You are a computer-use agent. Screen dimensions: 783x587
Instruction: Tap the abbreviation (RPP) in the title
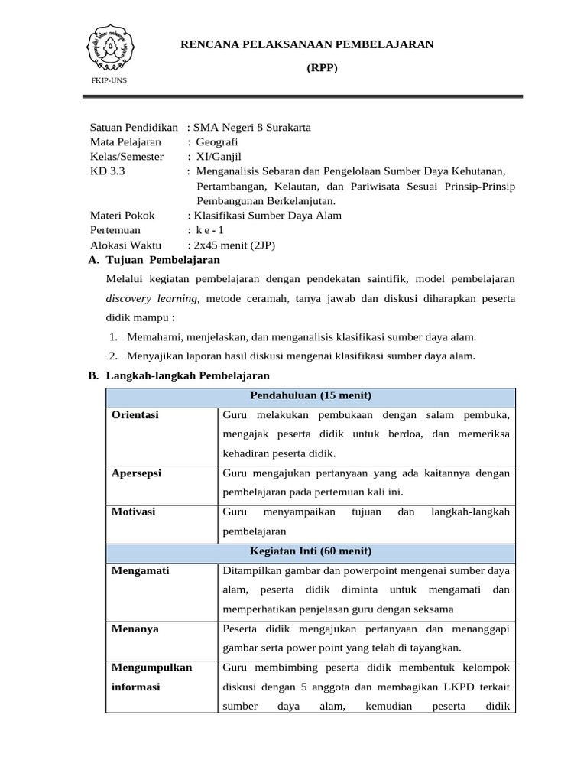[322, 67]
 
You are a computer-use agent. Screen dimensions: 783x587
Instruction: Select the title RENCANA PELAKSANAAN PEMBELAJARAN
[306, 45]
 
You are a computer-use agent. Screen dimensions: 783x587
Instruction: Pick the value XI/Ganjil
[222, 156]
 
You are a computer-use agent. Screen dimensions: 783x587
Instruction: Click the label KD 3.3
[107, 171]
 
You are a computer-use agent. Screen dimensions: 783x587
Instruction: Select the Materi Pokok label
[122, 216]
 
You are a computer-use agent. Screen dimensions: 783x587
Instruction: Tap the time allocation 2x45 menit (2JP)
[234, 245]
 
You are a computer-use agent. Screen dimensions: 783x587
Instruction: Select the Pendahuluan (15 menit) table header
[310, 395]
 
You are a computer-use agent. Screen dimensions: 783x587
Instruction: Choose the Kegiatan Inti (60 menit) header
[310, 551]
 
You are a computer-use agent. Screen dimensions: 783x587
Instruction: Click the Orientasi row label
[135, 415]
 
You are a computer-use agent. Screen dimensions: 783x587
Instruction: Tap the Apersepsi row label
[136, 473]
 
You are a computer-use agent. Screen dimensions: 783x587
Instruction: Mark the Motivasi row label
[134, 512]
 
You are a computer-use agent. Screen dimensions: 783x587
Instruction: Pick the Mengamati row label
[141, 570]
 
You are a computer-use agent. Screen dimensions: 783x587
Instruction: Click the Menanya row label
[135, 629]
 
